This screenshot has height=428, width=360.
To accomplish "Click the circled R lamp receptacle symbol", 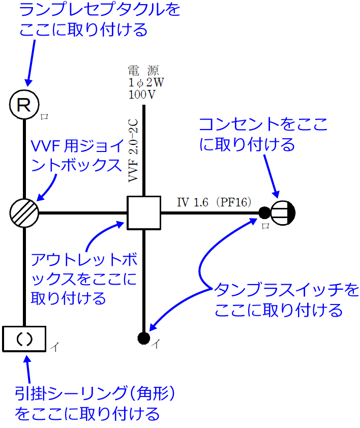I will (x=24, y=105).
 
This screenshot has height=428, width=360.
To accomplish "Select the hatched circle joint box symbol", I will (x=24, y=212).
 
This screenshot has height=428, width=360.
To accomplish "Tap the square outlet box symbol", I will (x=144, y=212).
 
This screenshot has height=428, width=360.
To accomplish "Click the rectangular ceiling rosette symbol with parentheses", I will (x=24, y=339).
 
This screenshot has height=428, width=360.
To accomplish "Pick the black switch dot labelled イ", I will (x=143, y=337).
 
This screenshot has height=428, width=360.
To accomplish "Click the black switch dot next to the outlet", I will (x=264, y=212).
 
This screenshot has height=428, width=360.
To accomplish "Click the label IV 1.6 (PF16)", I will (x=214, y=202).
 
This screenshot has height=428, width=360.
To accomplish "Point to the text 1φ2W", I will (x=146, y=82).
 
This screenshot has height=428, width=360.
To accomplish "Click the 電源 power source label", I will (x=145, y=71).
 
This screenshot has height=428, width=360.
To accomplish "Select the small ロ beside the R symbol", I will (x=44, y=116).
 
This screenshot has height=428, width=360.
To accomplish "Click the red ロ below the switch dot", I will (x=265, y=226).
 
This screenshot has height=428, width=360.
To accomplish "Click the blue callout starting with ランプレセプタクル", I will (x=92, y=19).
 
